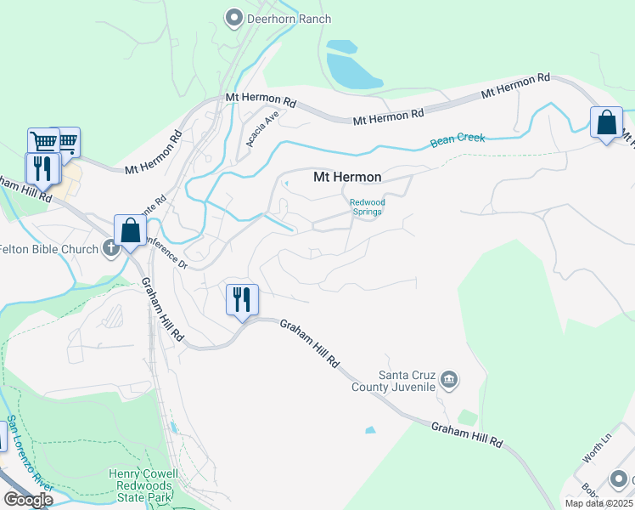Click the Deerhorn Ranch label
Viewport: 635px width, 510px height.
click(x=289, y=18)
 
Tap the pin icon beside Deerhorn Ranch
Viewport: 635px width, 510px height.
click(x=234, y=17)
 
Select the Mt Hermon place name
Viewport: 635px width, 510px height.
click(x=347, y=177)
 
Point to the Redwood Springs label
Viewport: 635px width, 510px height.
click(x=368, y=207)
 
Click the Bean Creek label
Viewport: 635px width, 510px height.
click(x=458, y=138)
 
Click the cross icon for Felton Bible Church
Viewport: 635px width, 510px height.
click(x=110, y=248)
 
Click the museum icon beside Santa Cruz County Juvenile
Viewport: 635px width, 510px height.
click(x=451, y=379)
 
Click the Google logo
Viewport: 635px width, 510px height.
click(x=27, y=500)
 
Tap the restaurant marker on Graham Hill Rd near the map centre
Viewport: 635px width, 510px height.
click(x=242, y=300)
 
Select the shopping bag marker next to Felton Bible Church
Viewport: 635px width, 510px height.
click(x=130, y=229)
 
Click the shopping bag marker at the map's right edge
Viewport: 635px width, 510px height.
click(x=607, y=122)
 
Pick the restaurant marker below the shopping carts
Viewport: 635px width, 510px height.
click(x=42, y=168)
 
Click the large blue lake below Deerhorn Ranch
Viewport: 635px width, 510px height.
click(x=353, y=66)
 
